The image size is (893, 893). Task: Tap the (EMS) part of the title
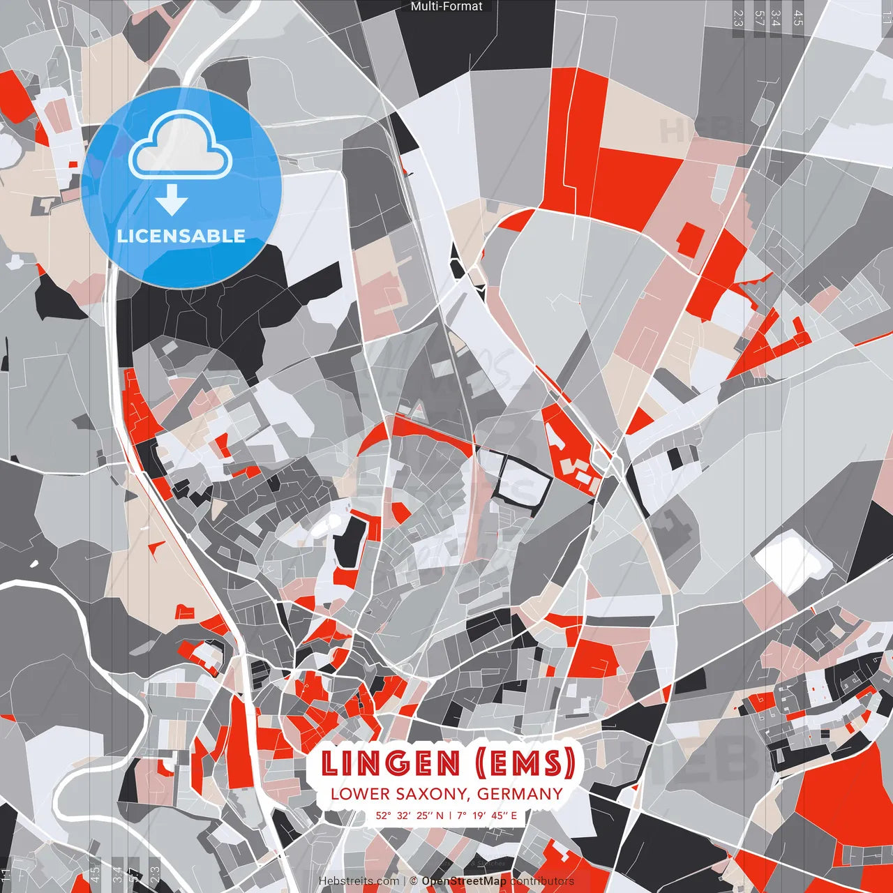tap(525, 763)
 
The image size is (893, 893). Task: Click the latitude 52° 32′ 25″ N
tap(409, 815)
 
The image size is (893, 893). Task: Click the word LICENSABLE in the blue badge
tap(181, 236)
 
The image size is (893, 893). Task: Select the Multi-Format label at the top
tap(446, 6)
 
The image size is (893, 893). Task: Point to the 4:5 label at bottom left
tap(95, 874)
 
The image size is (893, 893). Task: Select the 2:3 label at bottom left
tap(155, 874)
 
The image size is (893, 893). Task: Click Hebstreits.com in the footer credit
tap(359, 881)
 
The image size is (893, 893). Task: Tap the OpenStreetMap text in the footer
tap(464, 881)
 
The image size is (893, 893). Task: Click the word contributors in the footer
tap(542, 881)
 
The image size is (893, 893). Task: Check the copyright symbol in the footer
tap(414, 881)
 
